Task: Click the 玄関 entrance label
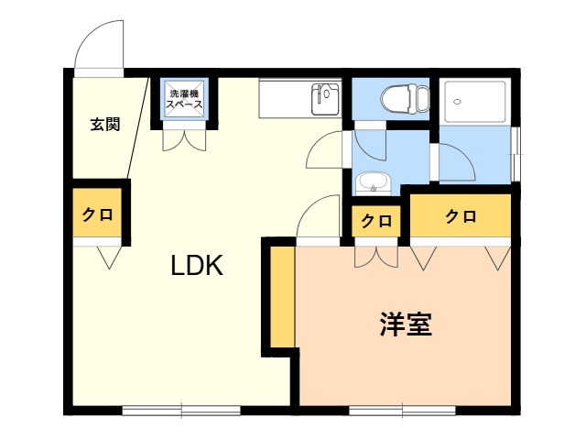click(x=105, y=125)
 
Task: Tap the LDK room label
click(x=197, y=265)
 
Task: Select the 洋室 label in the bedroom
click(x=406, y=324)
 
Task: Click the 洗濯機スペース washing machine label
click(x=184, y=99)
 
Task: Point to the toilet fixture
click(x=405, y=99)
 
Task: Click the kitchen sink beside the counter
click(x=325, y=99)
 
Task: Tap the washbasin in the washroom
click(x=373, y=183)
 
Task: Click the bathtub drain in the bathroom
click(x=457, y=102)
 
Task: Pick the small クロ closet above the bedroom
click(x=376, y=221)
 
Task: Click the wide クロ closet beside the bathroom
click(x=461, y=215)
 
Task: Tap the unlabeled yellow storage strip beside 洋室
click(x=283, y=297)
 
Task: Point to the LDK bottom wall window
click(x=181, y=410)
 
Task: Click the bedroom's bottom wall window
click(x=403, y=411)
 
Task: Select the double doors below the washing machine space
click(x=184, y=138)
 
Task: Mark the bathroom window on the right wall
click(x=515, y=155)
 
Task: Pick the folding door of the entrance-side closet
click(x=109, y=257)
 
